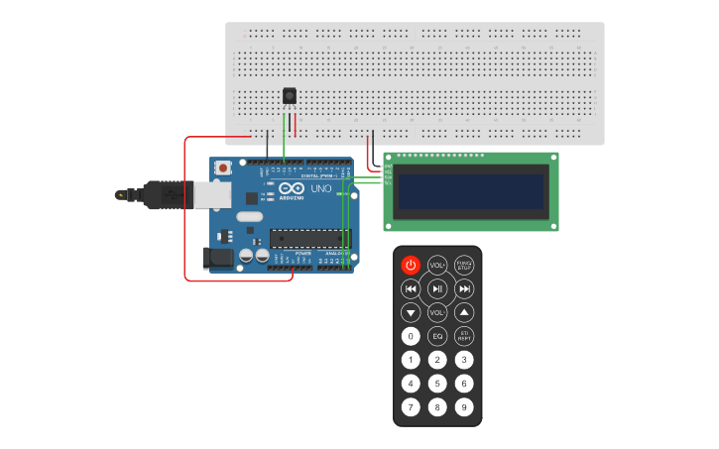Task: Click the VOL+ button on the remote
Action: point(437,265)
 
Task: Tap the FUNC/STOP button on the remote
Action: point(464,265)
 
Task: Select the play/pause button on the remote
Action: point(437,288)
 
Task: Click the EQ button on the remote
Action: point(437,336)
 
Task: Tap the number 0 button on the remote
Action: point(411,336)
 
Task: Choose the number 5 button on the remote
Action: point(437,384)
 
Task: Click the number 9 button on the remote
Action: point(464,407)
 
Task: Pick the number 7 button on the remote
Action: point(411,407)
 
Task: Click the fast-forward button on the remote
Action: point(464,288)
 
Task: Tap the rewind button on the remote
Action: point(411,288)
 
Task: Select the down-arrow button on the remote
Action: point(411,312)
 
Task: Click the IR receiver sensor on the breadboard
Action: point(290,96)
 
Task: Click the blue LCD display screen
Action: point(471,191)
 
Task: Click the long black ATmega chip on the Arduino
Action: point(310,238)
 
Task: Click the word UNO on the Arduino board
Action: point(321,188)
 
